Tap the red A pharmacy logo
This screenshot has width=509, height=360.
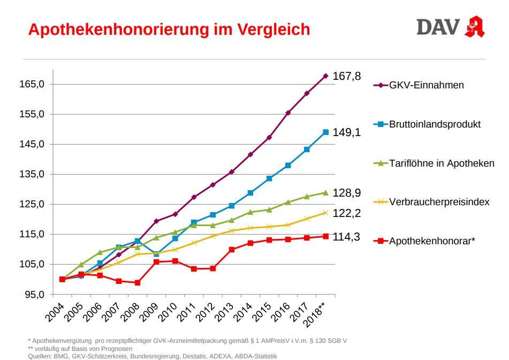pyautogui.click(x=475, y=27)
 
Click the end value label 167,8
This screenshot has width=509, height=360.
pyautogui.click(x=346, y=76)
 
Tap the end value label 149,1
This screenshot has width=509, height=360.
pyautogui.click(x=346, y=132)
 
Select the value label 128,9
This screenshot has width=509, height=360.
pyautogui.click(x=346, y=193)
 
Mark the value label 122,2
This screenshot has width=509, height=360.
pyautogui.click(x=346, y=213)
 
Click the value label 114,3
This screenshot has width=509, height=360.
pyautogui.click(x=346, y=237)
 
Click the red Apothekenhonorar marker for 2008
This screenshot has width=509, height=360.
pyautogui.click(x=138, y=283)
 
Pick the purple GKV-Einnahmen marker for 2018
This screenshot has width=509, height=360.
pyautogui.click(x=325, y=76)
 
